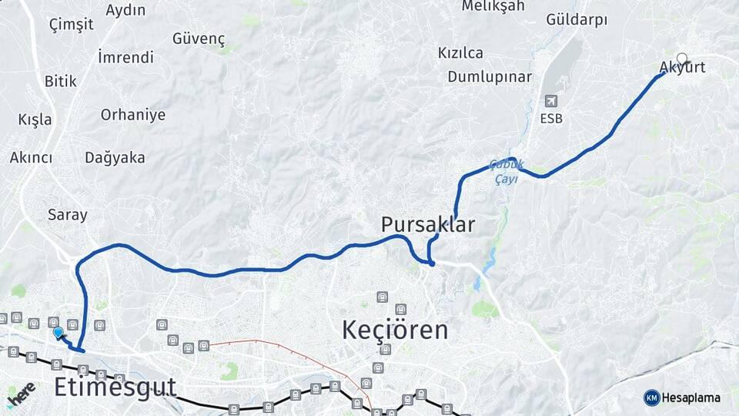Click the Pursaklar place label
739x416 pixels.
[x=428, y=225]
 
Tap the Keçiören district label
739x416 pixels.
[x=395, y=330]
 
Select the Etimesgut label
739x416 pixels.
[x=115, y=387]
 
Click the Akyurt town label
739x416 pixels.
[x=682, y=68]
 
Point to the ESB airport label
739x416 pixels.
[x=551, y=119]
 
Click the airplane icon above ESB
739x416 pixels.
[x=550, y=101]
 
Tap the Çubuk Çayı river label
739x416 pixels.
[x=507, y=171]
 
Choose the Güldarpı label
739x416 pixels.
[x=577, y=20]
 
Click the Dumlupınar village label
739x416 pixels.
[x=490, y=77]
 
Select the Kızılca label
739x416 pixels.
[x=460, y=53]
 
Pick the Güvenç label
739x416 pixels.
[x=199, y=39]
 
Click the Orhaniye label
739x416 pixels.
[x=133, y=115]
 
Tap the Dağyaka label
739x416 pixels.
[x=115, y=158]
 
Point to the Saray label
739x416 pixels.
[x=68, y=215]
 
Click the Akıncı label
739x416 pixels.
[x=31, y=158]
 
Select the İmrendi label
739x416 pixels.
[x=125, y=57]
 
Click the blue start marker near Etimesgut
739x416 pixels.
[x=58, y=333]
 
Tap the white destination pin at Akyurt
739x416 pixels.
[x=681, y=59]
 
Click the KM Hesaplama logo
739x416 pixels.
[x=682, y=398]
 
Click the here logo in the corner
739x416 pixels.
[x=21, y=394]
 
